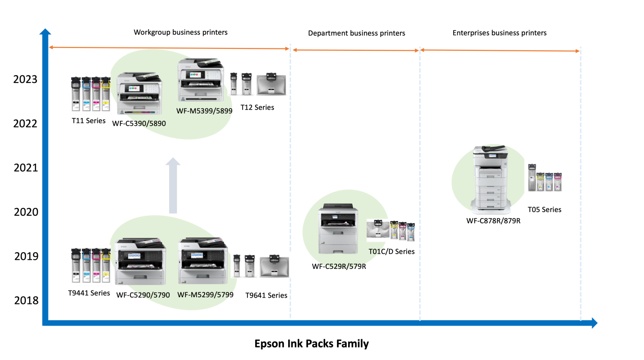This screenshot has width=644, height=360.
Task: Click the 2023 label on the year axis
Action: tap(25, 79)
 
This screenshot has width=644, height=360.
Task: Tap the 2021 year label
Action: tap(25, 168)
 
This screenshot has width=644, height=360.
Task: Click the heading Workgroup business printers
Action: tap(180, 32)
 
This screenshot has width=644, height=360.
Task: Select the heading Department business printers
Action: tap(356, 33)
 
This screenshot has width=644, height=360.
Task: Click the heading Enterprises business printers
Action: tap(499, 33)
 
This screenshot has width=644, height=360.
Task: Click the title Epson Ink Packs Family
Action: tap(311, 344)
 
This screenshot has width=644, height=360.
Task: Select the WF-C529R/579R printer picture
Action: tap(338, 229)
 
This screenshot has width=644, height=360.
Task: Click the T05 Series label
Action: tap(544, 209)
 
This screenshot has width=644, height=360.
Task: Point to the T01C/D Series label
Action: tap(391, 251)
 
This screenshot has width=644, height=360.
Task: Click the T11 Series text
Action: tap(89, 121)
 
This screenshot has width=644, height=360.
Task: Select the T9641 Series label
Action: tap(266, 295)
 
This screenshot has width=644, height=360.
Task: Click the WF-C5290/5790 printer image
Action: tap(141, 261)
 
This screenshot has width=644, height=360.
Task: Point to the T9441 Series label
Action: tap(89, 293)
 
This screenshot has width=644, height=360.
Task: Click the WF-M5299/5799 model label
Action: tap(205, 295)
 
